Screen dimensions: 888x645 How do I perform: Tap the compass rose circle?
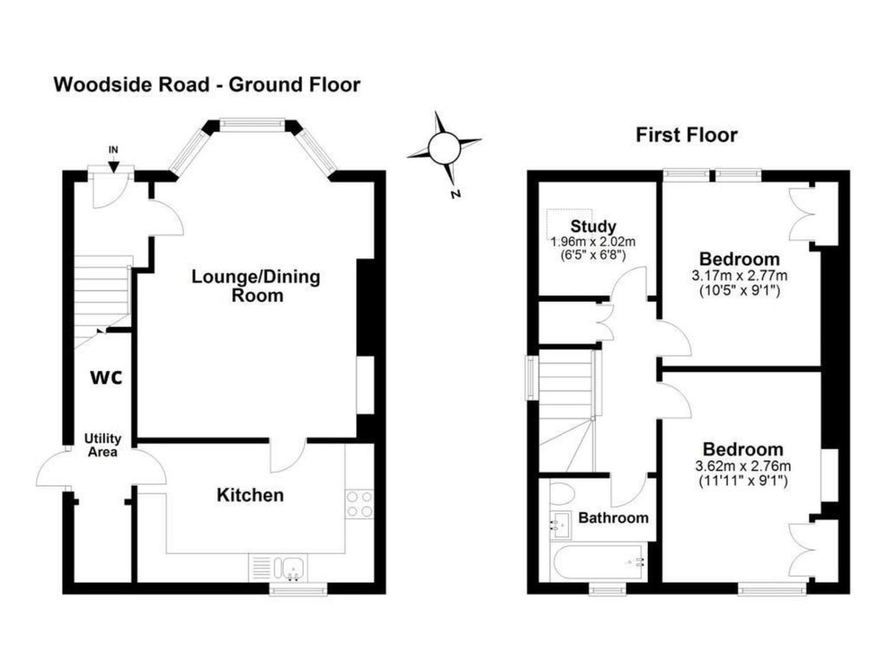pyautogui.click(x=445, y=148)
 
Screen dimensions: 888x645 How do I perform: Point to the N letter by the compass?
pyautogui.click(x=456, y=194)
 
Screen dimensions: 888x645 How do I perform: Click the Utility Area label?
pyautogui.click(x=103, y=445)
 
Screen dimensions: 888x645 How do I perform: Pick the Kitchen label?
pyautogui.click(x=250, y=495)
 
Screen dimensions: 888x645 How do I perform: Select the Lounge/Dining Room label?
pyautogui.click(x=256, y=286)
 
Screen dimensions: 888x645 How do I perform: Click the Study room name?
pyautogui.click(x=593, y=226)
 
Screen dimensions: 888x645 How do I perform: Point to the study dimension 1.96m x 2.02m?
pyautogui.click(x=593, y=241)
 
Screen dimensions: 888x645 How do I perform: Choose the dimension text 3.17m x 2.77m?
pyautogui.click(x=740, y=275)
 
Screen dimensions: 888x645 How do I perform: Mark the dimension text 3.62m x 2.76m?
pyautogui.click(x=743, y=466)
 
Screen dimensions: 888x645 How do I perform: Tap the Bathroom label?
pyautogui.click(x=613, y=518)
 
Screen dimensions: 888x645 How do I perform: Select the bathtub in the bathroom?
pyautogui.click(x=599, y=563)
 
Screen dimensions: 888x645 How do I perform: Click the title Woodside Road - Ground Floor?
pyautogui.click(x=207, y=85)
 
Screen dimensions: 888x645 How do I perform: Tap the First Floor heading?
pyautogui.click(x=686, y=135)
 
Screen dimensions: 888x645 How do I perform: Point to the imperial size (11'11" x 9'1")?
pyautogui.click(x=743, y=481)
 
